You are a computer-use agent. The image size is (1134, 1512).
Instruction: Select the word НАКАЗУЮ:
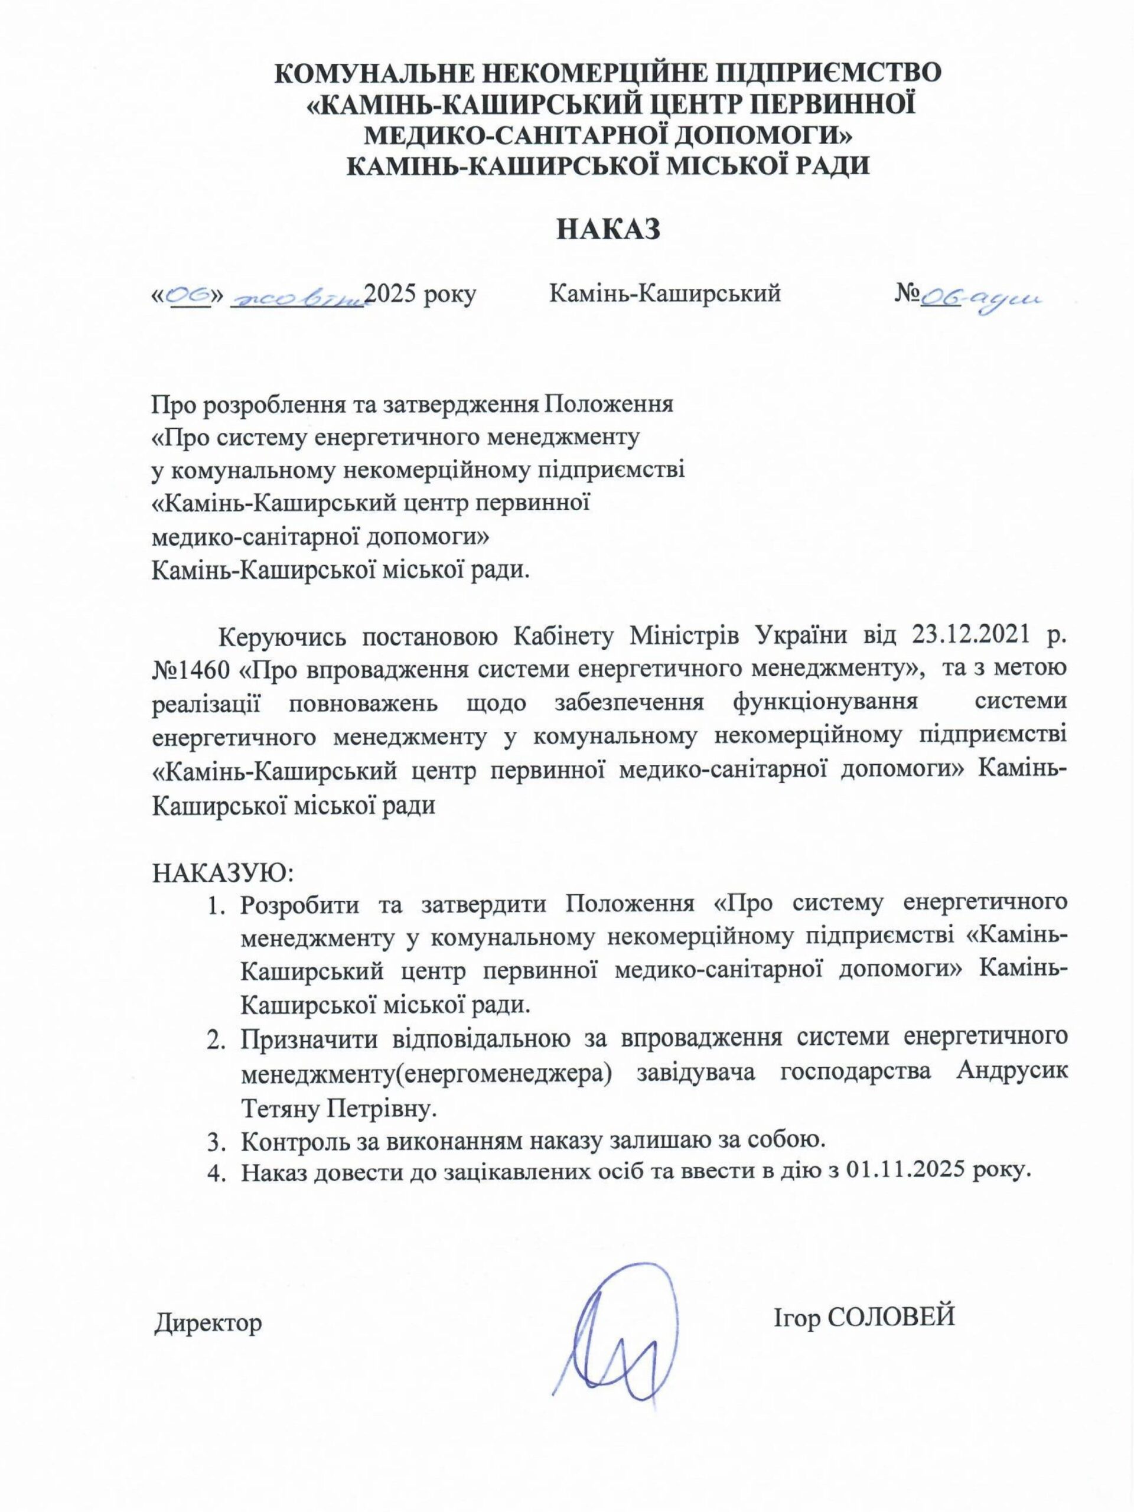tap(221, 873)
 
